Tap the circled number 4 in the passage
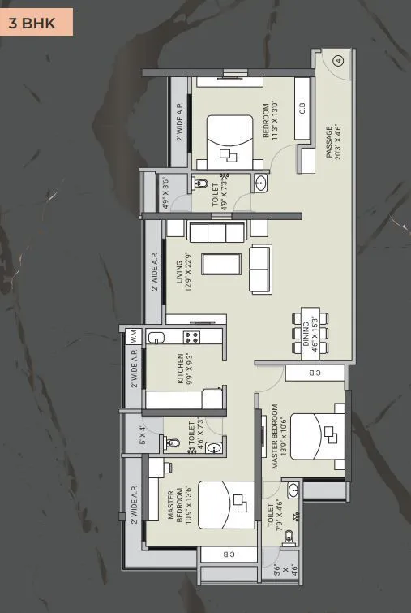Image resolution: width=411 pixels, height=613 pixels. click(x=338, y=59)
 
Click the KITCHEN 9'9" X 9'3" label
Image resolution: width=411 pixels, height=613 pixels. click(x=186, y=369)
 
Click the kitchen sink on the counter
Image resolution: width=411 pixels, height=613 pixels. click(x=156, y=337)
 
